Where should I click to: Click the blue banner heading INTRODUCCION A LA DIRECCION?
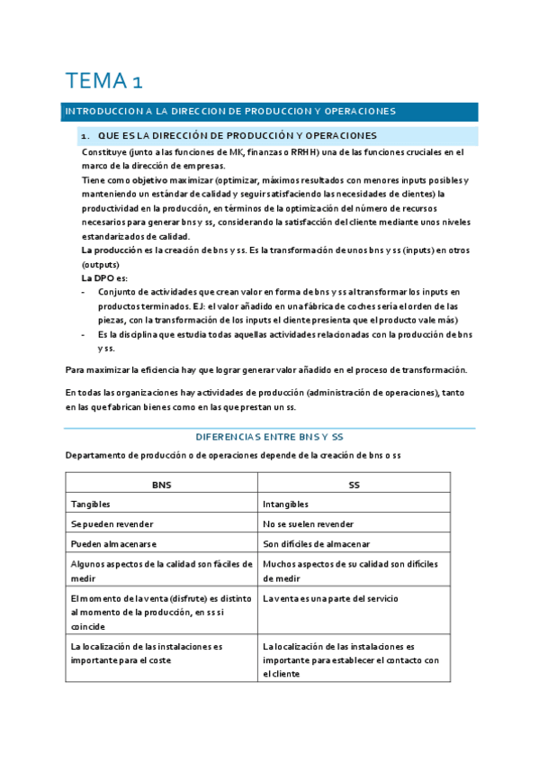229,111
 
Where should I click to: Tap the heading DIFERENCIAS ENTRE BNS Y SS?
269,436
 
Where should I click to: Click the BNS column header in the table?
162,485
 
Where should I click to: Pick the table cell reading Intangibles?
285,505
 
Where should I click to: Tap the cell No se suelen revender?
308,524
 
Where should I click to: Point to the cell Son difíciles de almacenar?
318,544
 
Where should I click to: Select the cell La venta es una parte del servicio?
330,598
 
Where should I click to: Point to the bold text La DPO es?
104,279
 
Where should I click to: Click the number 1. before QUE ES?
85,135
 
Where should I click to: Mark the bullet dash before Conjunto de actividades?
84,292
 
